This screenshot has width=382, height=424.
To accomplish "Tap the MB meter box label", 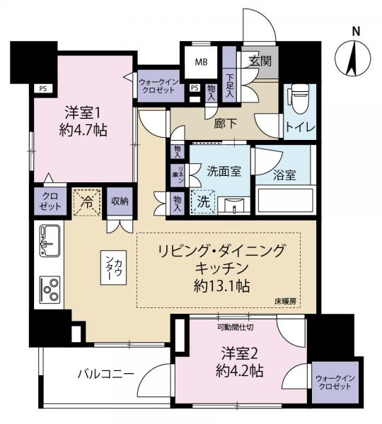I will click(201, 61).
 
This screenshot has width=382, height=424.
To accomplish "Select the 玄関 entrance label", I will click(260, 61).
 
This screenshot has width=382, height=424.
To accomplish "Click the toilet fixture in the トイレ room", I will click(298, 100).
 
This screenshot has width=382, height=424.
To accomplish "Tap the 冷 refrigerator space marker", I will click(87, 202).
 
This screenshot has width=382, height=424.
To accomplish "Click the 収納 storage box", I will click(120, 201).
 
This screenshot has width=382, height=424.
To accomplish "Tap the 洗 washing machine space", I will click(202, 202).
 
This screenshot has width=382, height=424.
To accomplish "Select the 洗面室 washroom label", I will click(221, 171).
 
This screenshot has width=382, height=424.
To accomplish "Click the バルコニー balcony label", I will click(105, 375).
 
